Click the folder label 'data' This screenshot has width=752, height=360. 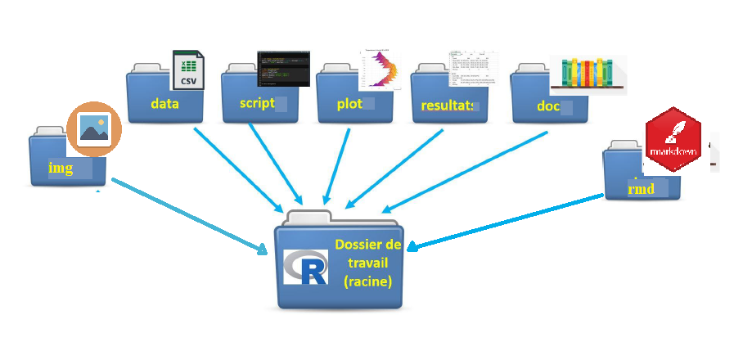[x=165, y=104]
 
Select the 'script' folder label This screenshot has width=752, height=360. [x=257, y=104]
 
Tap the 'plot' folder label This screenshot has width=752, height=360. [x=349, y=104]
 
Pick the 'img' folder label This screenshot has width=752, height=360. [x=61, y=169]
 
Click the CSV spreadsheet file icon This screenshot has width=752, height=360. [x=189, y=69]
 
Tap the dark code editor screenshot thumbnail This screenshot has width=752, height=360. [x=284, y=68]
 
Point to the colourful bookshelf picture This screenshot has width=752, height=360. [x=588, y=74]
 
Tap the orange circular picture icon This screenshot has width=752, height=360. [x=94, y=130]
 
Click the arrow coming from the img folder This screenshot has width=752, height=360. [x=188, y=214]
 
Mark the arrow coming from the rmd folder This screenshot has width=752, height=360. [x=507, y=221]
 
